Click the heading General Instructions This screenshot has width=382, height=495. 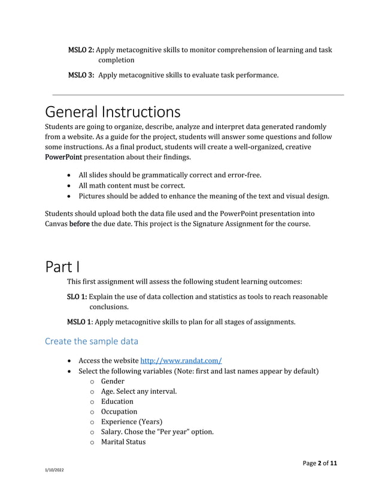click(113, 113)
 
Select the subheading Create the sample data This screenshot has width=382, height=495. click(92, 342)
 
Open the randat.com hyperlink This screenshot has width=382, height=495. click(181, 361)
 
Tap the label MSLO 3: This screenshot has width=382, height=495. click(81, 75)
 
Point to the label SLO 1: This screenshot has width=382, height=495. click(77, 297)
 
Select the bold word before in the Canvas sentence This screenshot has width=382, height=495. click(80, 224)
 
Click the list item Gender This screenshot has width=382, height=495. click(113, 381)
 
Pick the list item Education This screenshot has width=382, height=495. click(117, 402)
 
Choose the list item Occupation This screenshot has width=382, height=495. click(119, 412)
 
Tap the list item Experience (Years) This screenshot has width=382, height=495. click(131, 422)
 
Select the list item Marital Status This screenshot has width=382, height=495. click(123, 442)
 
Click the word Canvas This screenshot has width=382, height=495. click(57, 224)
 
